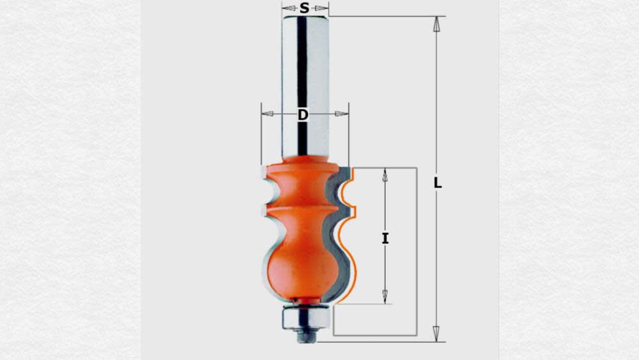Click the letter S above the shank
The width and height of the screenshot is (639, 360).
click(x=304, y=8)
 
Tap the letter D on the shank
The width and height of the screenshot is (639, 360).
click(x=303, y=114)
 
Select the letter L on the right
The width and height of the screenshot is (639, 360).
click(x=438, y=183)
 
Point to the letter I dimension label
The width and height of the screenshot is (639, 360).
click(x=385, y=239)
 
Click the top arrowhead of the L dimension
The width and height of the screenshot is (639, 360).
click(x=436, y=24)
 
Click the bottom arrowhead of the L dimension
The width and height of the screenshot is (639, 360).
click(x=436, y=333)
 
